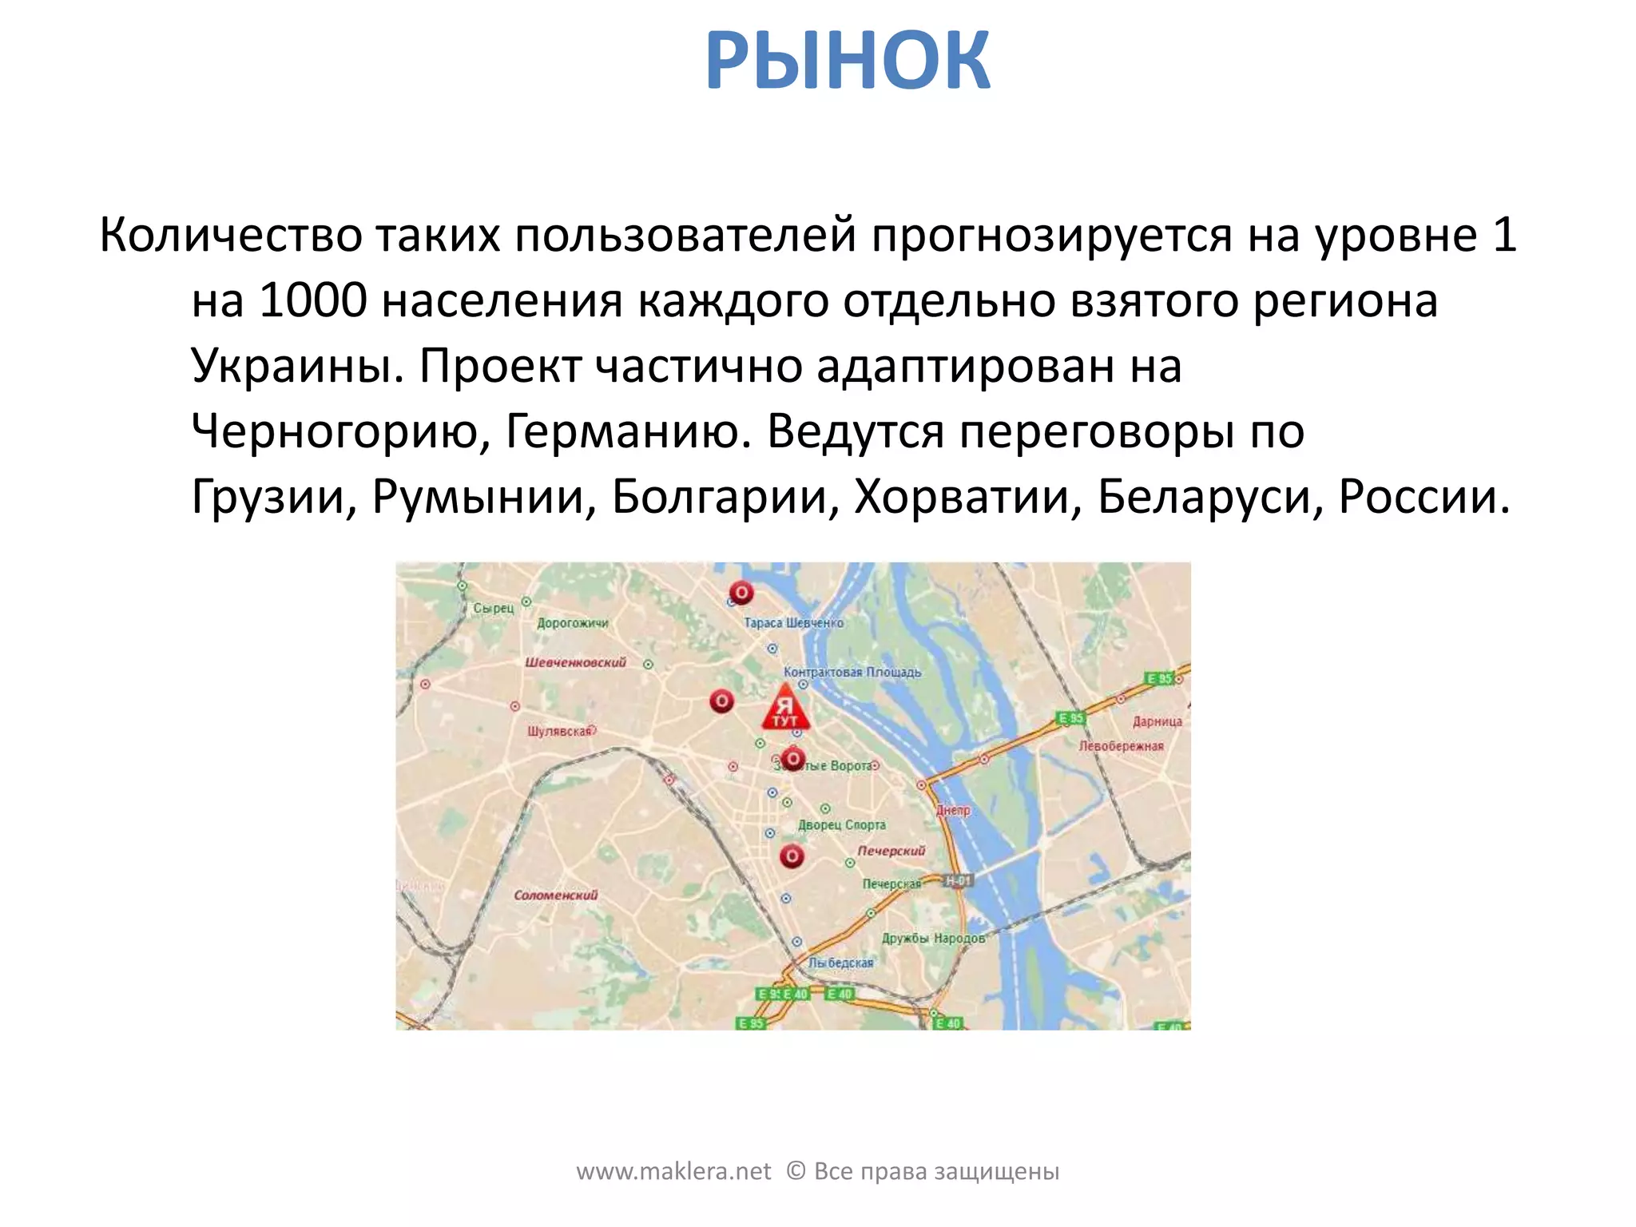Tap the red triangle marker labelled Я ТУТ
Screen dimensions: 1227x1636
785,708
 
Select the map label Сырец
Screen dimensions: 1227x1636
494,608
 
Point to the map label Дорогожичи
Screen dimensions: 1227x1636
572,623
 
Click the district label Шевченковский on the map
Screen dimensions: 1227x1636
575,662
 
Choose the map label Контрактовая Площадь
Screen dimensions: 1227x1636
852,672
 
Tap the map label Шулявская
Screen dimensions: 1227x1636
561,731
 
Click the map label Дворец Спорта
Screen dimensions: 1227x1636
842,824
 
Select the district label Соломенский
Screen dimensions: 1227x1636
555,895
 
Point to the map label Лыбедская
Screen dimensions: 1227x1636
840,963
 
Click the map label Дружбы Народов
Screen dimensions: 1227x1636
933,938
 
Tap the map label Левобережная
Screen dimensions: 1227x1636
1121,746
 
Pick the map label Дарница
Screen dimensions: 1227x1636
1157,721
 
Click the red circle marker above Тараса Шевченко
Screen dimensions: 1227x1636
741,593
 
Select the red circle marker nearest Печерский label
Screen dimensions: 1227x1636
792,856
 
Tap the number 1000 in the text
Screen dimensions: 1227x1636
313,301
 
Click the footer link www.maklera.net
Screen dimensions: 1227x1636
673,1171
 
